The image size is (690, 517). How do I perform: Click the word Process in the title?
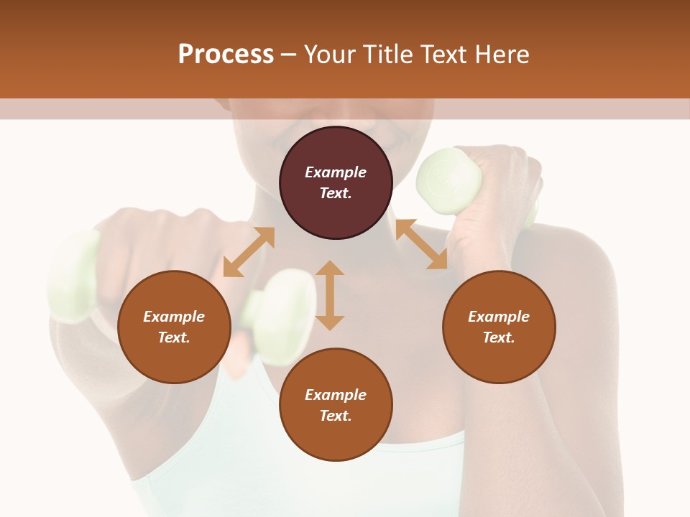point(226,55)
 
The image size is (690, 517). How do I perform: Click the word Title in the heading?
point(385,55)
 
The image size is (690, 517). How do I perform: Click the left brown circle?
point(174,327)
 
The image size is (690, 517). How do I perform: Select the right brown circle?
point(499,327)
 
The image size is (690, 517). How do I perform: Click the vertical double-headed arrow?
point(330,295)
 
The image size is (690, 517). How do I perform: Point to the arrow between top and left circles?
point(249,251)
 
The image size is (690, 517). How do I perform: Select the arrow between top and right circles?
point(421,244)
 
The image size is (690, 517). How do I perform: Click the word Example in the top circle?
point(336,172)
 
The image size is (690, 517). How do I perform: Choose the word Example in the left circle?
point(174,317)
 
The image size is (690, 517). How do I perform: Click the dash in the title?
point(288,55)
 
